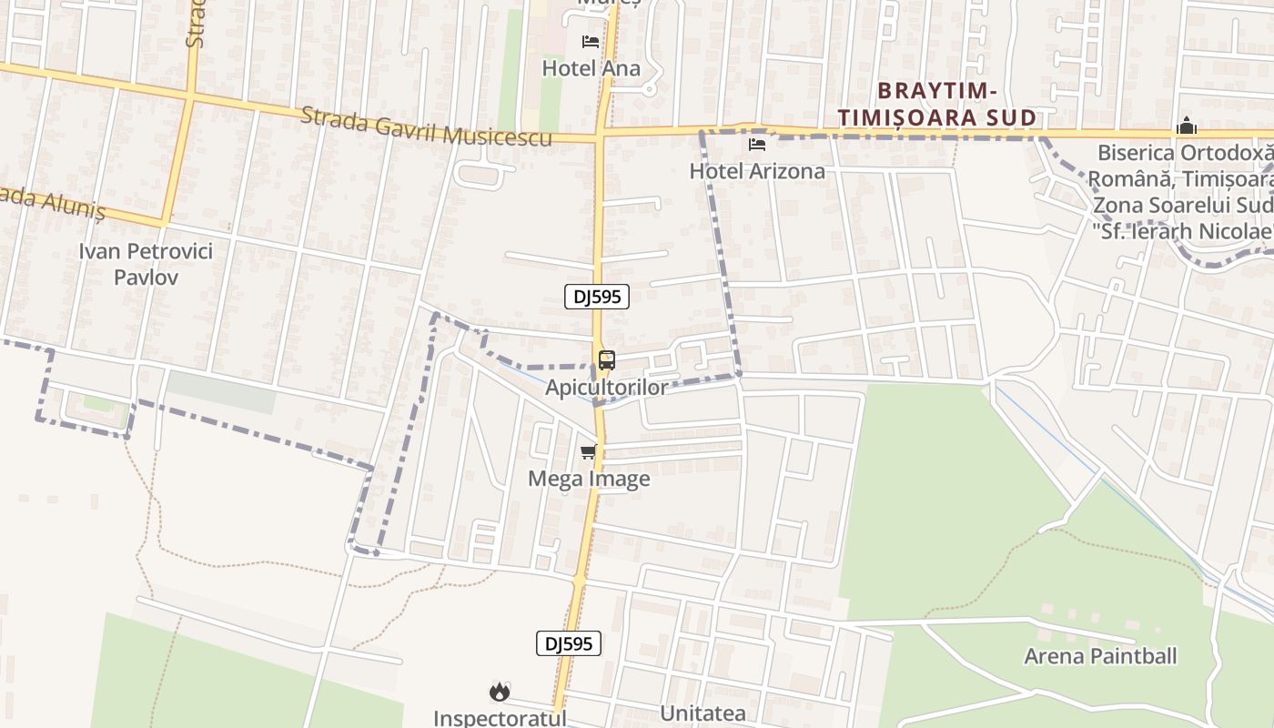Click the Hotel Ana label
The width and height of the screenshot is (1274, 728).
[591, 68]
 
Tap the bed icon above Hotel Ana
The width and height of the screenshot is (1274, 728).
[591, 42]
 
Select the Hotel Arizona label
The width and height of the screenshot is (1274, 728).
[757, 171]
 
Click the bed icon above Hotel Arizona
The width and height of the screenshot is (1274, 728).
[757, 145]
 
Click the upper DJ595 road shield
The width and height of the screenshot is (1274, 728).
[596, 296]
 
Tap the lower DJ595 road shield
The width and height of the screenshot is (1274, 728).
[569, 643]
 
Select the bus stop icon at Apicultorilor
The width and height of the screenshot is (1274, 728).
[607, 360]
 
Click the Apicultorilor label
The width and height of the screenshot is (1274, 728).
[606, 388]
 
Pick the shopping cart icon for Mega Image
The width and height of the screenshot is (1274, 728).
[589, 451]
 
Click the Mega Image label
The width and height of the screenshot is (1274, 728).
[590, 479]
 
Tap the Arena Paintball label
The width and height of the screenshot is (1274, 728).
[1100, 656]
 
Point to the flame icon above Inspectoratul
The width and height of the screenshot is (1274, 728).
[499, 693]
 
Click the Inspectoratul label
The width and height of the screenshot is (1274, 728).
[500, 717]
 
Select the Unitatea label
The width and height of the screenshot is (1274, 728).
[703, 713]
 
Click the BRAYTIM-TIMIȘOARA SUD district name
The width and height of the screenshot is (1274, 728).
[936, 104]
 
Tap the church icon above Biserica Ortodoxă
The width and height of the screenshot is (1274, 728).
[1186, 126]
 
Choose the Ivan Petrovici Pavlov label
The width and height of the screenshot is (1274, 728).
[146, 264]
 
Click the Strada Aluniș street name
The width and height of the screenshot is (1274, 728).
[55, 202]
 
